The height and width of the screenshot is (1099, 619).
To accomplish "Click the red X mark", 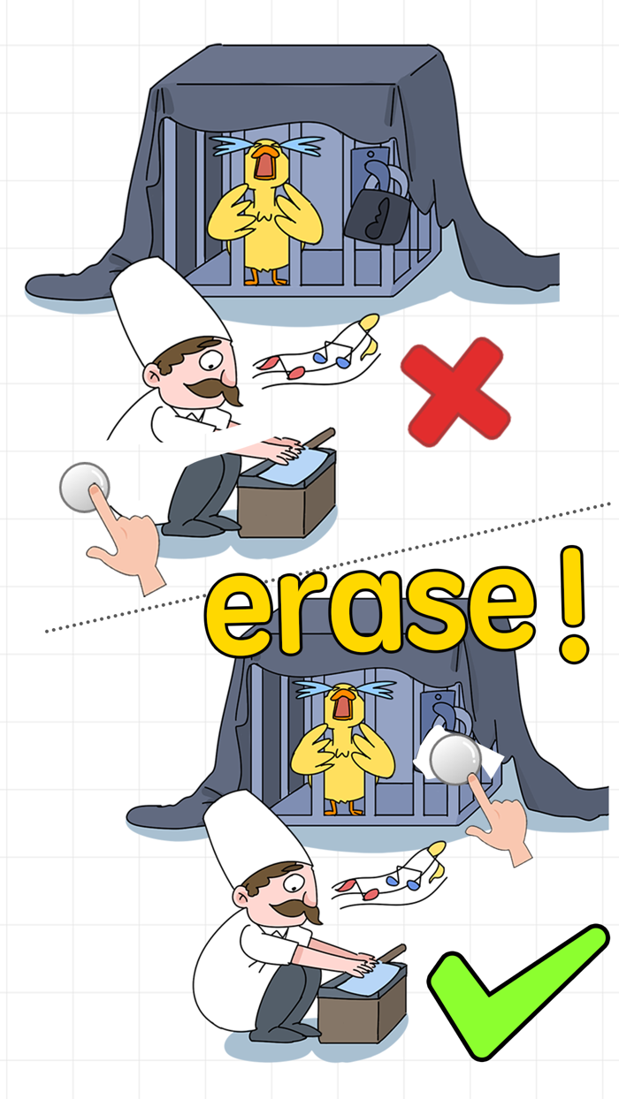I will point(455,390).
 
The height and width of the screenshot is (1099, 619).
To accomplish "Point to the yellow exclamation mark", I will point(575,606).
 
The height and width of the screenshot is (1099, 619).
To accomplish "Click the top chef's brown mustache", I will point(218,388).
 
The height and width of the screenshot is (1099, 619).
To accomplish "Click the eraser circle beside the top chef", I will point(85,487).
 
